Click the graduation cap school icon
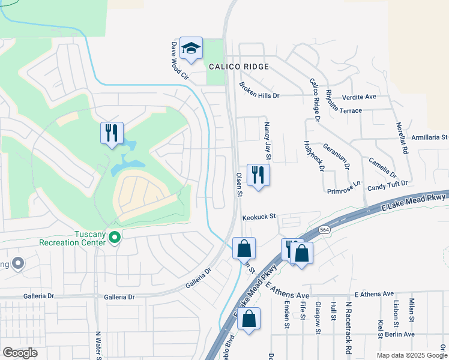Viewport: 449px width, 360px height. [191, 49]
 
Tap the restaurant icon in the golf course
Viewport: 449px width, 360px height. [112, 133]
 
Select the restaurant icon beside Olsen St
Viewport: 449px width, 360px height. [258, 175]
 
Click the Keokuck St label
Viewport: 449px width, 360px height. [258, 217]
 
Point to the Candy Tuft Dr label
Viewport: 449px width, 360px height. [388, 187]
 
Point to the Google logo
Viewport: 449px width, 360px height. [20, 353]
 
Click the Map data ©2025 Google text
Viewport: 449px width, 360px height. [411, 355]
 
